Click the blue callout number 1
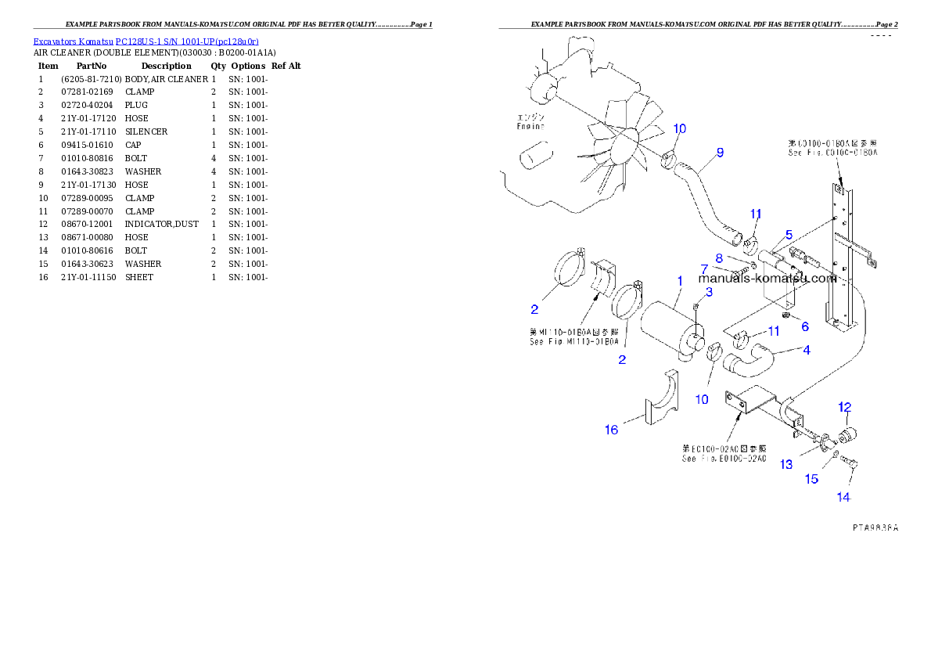(680, 280)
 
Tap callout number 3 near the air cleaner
(710, 292)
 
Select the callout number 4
(807, 349)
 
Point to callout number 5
(789, 234)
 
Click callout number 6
(804, 326)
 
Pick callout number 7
(704, 269)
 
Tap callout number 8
(718, 257)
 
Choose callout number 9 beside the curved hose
(720, 152)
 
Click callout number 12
(845, 407)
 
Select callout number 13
(786, 465)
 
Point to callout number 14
(843, 496)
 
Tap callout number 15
(812, 479)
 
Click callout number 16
(611, 429)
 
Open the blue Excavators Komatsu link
(146, 41)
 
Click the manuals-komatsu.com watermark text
(767, 278)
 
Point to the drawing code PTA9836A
(875, 528)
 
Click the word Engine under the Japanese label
(530, 125)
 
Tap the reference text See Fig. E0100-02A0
(724, 459)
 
